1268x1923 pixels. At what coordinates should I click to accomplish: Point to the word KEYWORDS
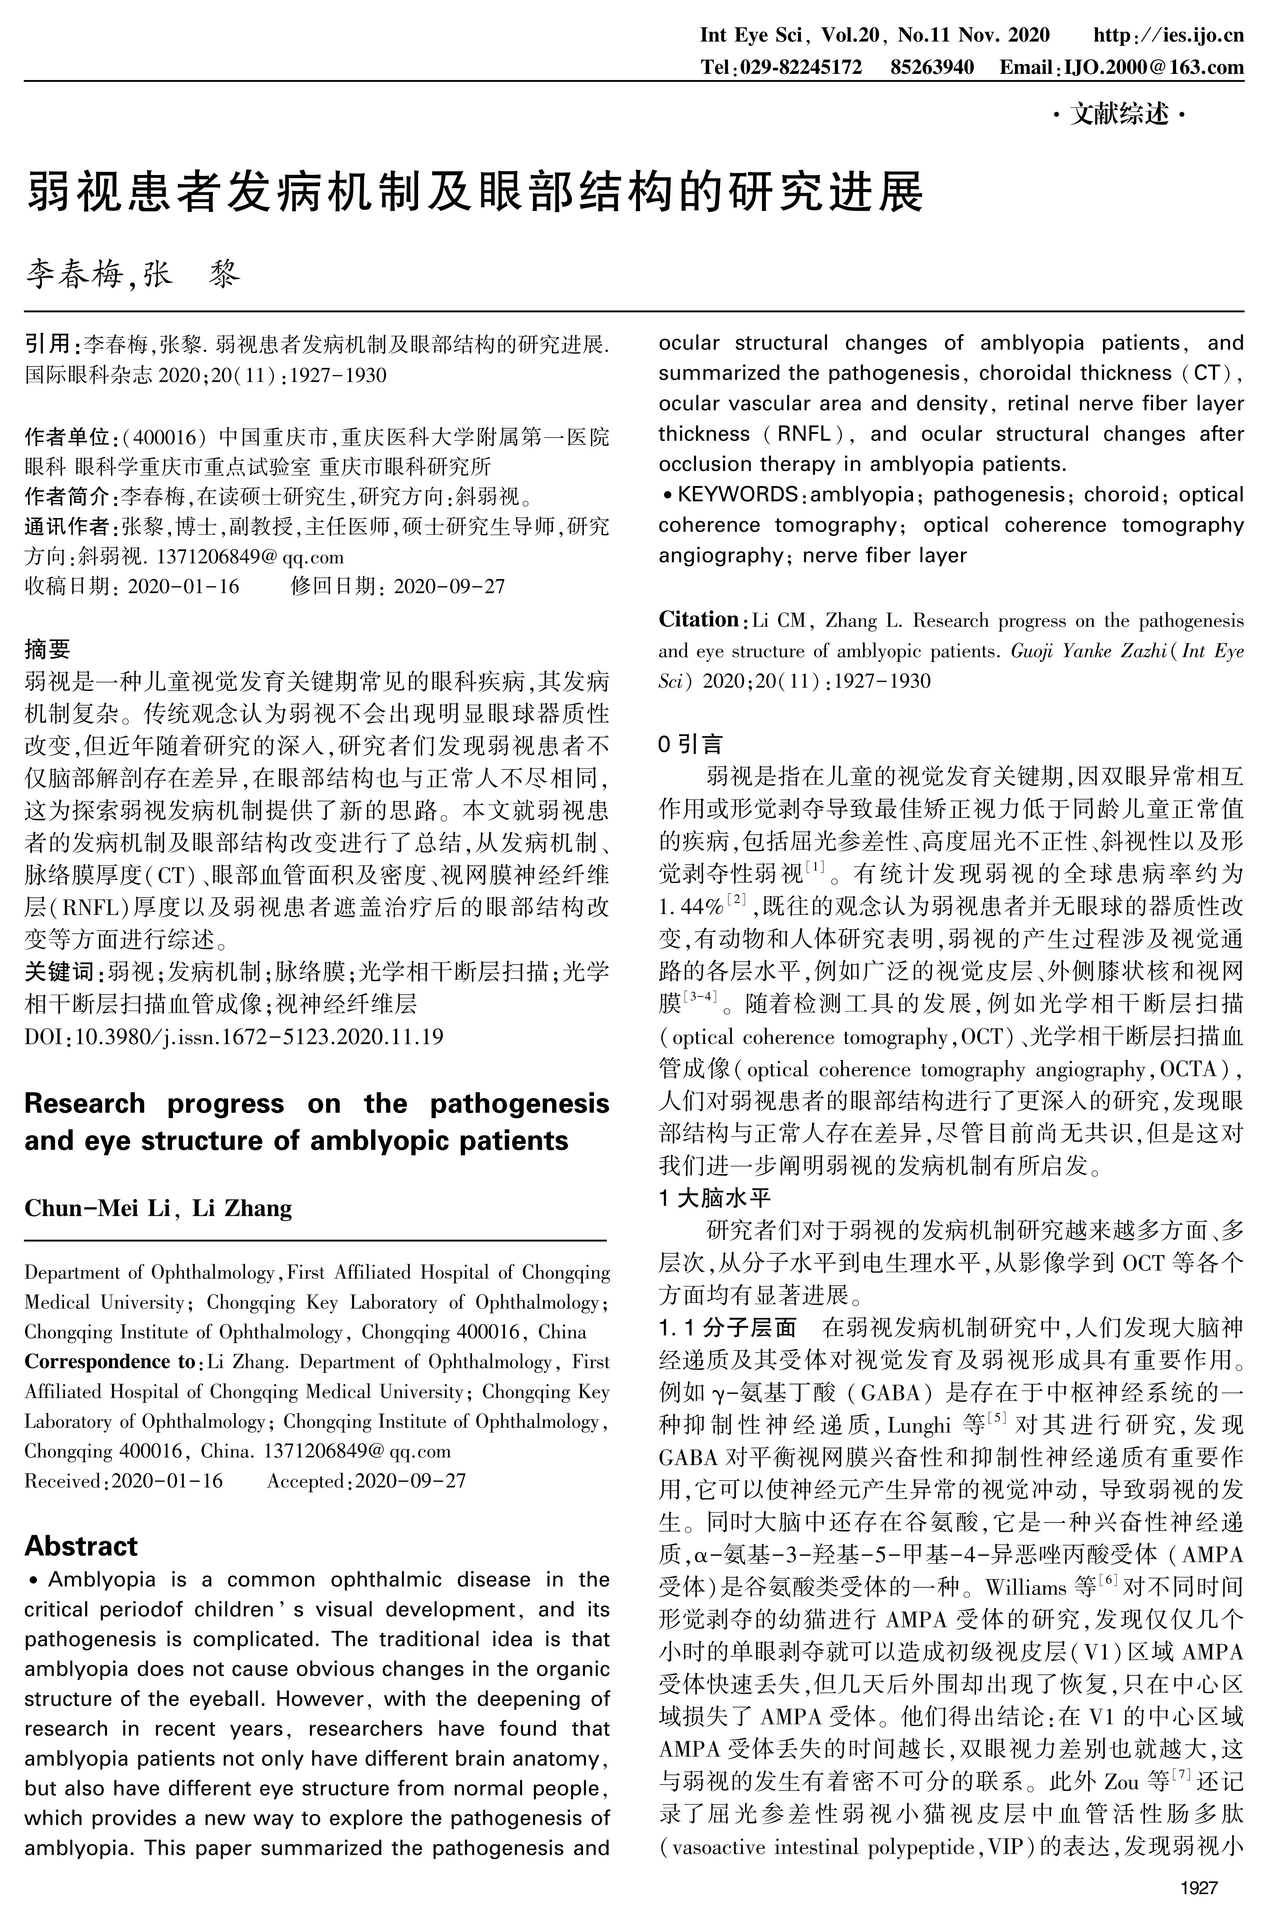(x=736, y=494)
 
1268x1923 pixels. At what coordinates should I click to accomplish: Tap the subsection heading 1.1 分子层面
(x=728, y=1327)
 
